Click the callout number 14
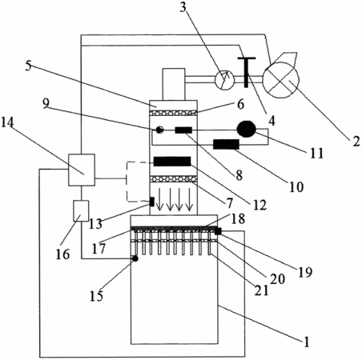pos(8,122)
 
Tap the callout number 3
pos(183,7)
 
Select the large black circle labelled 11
pos(247,130)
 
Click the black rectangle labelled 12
pos(172,162)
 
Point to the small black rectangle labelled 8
pos(183,130)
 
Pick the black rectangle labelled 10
pos(226,144)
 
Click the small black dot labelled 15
pos(135,258)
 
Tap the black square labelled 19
pos(218,231)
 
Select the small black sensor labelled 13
pos(151,202)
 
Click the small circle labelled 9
pos(159,130)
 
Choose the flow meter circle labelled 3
pos(224,79)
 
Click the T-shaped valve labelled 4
pos(246,72)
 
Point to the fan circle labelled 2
pos(281,80)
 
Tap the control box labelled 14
pos(82,170)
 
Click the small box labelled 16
pos(81,211)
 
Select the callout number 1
pos(307,342)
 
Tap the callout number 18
pos(238,218)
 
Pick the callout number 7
pos(229,203)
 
